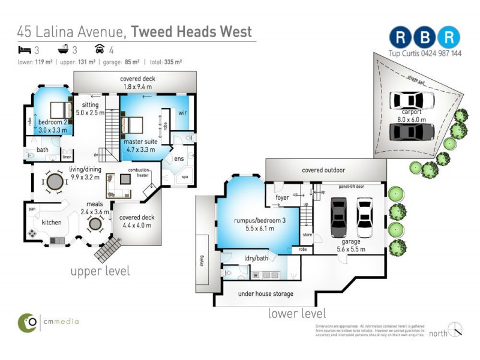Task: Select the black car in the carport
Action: [411, 131]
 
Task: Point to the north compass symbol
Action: [455, 329]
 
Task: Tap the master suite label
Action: [141, 142]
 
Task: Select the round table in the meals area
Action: [95, 224]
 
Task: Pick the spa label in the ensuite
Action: [185, 177]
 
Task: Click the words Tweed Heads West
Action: [192, 31]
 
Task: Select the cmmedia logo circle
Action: [26, 322]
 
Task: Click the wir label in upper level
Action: [183, 113]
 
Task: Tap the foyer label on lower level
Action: [282, 197]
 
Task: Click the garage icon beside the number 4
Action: [99, 50]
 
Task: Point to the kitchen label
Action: [52, 223]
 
